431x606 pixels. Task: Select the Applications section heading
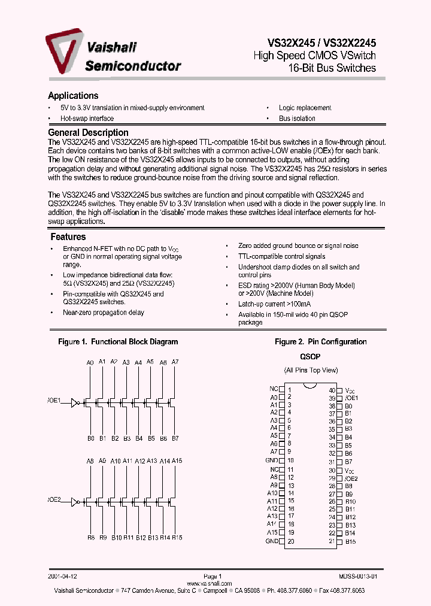(73, 96)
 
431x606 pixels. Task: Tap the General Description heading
(88, 132)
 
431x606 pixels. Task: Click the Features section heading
(68, 237)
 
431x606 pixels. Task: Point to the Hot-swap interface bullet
(87, 119)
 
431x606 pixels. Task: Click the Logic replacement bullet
(305, 108)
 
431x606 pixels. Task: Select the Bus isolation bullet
(297, 119)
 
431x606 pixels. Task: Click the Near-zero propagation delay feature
(104, 313)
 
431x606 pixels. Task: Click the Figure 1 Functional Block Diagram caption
(118, 342)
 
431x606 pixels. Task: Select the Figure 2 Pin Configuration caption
(320, 342)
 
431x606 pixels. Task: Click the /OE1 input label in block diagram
(54, 401)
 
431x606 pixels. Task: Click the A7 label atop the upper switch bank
(175, 362)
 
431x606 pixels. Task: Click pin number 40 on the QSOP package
(332, 390)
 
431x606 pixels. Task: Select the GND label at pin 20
(272, 541)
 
